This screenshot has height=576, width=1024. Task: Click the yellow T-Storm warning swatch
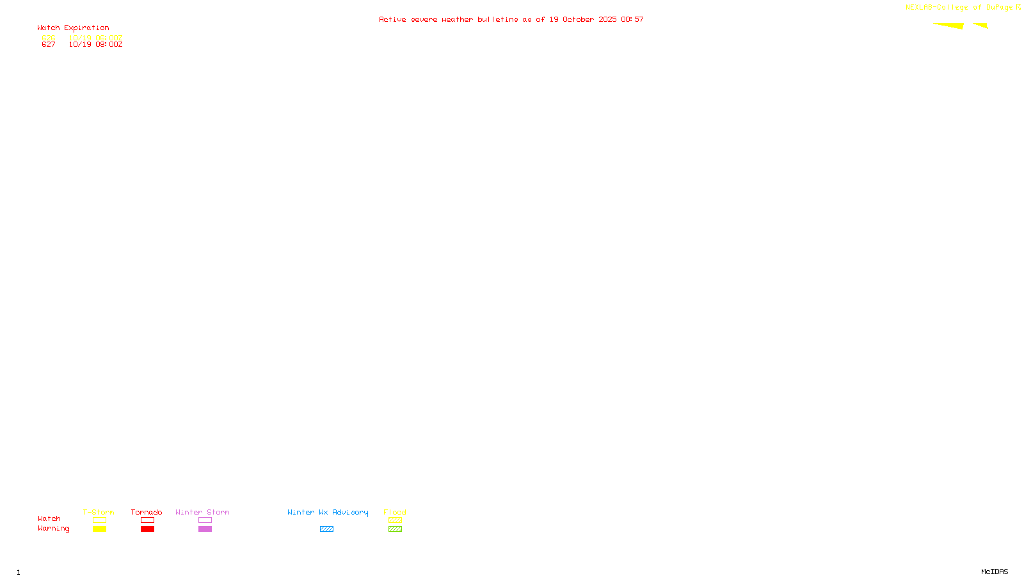(x=99, y=529)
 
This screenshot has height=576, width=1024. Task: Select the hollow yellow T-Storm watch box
(x=99, y=520)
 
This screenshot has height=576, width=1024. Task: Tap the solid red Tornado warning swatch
(x=147, y=529)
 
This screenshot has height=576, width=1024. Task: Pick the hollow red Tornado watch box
(x=147, y=520)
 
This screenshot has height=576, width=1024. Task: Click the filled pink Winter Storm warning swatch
(x=205, y=529)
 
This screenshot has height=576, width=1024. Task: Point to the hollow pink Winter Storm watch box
(x=205, y=520)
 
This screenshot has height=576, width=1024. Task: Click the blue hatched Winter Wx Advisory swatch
(x=326, y=529)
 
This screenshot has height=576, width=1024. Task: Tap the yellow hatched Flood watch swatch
(x=395, y=520)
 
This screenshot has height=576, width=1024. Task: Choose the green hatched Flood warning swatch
(x=395, y=529)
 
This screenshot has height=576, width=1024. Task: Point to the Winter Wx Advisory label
(x=328, y=512)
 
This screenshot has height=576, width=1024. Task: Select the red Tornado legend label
(x=147, y=512)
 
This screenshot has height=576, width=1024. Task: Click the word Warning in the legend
(x=53, y=529)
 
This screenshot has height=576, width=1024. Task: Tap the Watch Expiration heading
(x=73, y=28)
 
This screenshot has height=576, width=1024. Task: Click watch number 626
(x=49, y=38)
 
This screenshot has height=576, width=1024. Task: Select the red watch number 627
(x=49, y=45)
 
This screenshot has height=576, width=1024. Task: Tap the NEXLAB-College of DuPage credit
(x=959, y=8)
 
